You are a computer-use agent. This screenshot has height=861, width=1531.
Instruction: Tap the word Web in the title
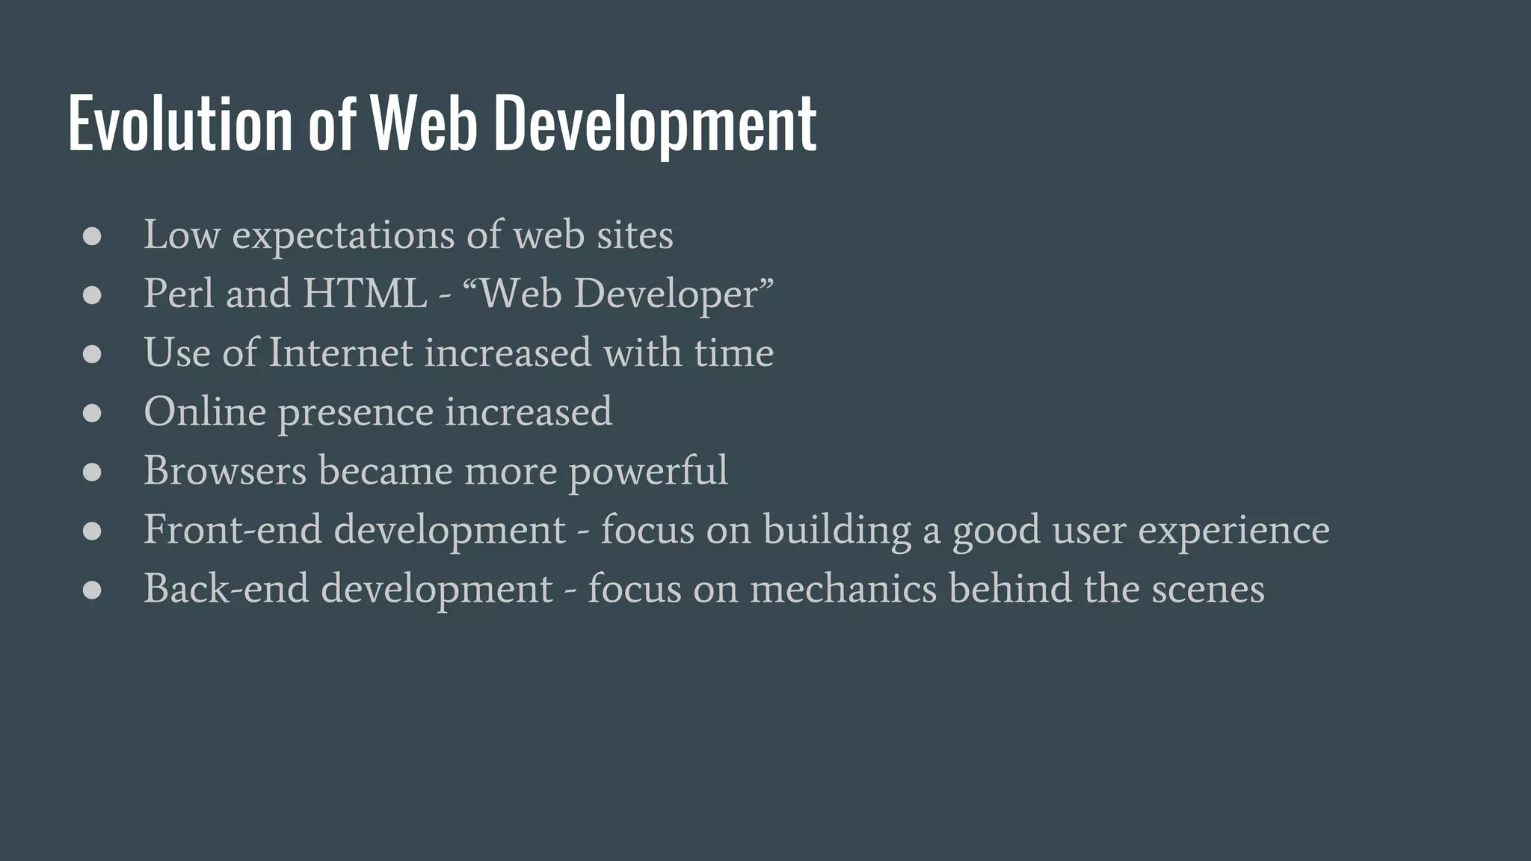click(x=424, y=123)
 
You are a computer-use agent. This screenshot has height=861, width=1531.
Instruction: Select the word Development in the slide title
click(x=655, y=123)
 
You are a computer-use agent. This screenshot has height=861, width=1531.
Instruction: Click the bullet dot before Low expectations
click(x=92, y=237)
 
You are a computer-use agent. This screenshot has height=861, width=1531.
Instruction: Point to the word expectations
click(x=343, y=236)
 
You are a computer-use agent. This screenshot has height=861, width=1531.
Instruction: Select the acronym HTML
click(x=365, y=293)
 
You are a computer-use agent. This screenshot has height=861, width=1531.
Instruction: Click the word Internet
click(x=340, y=352)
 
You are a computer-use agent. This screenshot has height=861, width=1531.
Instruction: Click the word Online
click(x=205, y=411)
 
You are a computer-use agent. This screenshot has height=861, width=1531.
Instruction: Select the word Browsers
click(x=225, y=470)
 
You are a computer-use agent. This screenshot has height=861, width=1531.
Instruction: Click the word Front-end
click(x=232, y=529)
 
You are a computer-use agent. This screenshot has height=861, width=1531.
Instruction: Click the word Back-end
click(x=226, y=588)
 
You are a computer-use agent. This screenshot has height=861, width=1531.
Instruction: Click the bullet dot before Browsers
click(x=92, y=472)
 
